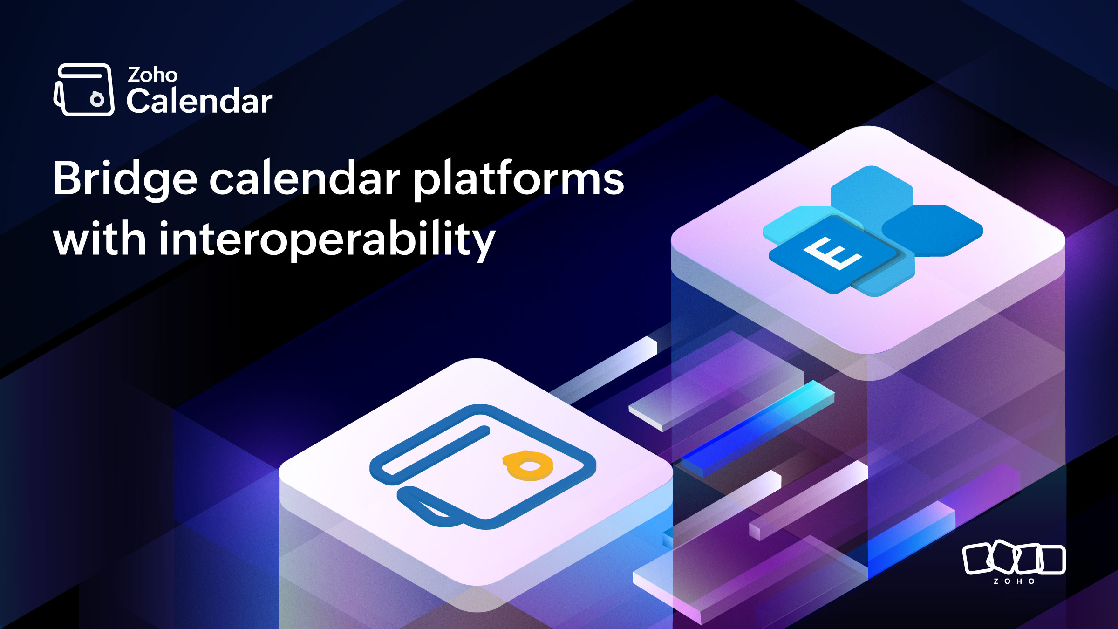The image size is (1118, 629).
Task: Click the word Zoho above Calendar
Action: (152, 75)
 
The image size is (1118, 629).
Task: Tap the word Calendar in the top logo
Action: (199, 101)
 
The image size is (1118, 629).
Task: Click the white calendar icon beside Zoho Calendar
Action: (84, 89)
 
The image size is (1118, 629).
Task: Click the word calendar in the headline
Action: (305, 178)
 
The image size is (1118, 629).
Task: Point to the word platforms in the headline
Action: (519, 180)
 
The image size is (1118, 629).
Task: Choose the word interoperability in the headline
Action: (327, 240)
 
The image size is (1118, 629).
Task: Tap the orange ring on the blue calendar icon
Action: (528, 465)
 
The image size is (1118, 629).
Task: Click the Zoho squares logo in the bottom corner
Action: (1014, 558)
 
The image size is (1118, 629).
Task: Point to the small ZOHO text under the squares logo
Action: (1014, 581)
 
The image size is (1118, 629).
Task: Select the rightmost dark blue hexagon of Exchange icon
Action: (932, 231)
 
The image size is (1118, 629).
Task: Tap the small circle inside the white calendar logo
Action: (97, 99)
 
